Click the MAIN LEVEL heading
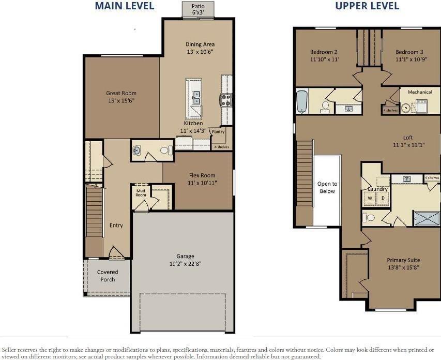(124, 6)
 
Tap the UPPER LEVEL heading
(367, 6)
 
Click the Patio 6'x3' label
(198, 9)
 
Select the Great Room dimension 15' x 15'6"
(121, 100)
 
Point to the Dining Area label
(200, 44)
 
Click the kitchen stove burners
(225, 100)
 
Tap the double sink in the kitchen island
(196, 97)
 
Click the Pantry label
(218, 131)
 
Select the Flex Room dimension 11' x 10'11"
(202, 183)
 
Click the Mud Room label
(141, 193)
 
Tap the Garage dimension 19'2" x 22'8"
(185, 264)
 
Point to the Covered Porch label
(108, 276)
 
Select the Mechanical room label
(420, 92)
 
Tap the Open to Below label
(327, 187)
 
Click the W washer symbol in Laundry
(370, 198)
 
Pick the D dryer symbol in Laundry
(383, 198)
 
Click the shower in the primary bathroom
(427, 218)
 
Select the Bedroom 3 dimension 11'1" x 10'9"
(411, 59)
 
